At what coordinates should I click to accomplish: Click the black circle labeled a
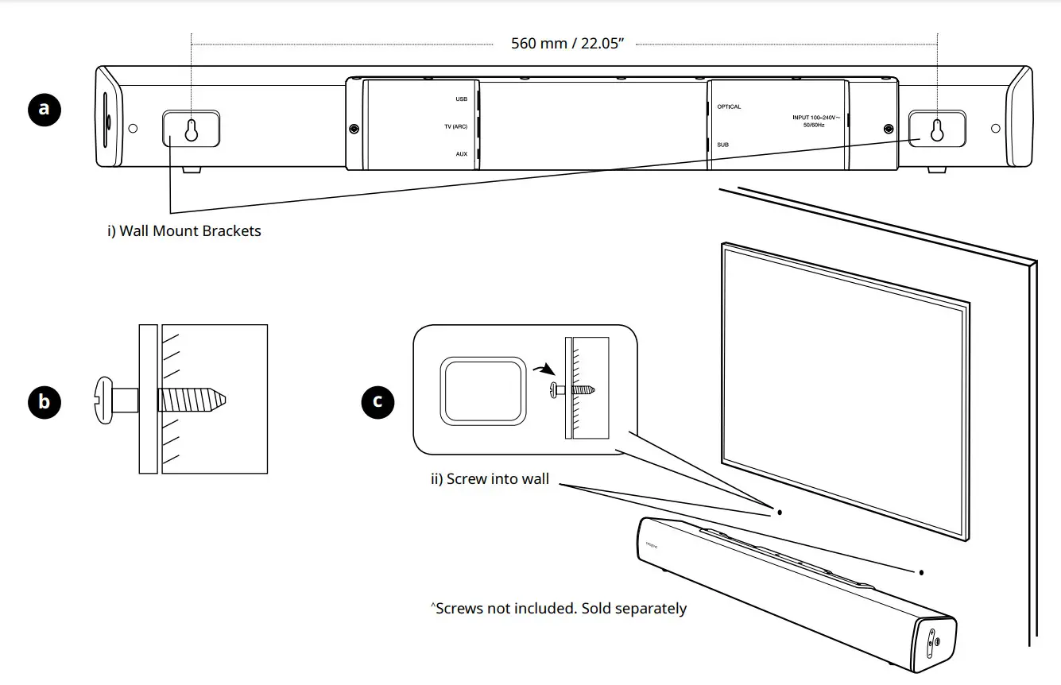click(x=45, y=108)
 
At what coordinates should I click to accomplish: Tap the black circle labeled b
click(x=45, y=401)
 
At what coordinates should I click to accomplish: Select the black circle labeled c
click(x=378, y=401)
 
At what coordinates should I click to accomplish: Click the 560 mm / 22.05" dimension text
click(x=567, y=43)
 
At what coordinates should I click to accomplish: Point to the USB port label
click(x=461, y=99)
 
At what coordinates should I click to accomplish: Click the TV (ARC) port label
click(x=455, y=126)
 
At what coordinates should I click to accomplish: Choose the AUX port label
click(x=461, y=153)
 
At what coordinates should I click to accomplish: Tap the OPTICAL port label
click(x=729, y=106)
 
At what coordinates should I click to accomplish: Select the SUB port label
click(x=722, y=145)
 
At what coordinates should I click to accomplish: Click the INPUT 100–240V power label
click(x=816, y=121)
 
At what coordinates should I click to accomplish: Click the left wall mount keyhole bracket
click(x=192, y=129)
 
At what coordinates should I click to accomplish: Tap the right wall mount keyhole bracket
click(x=937, y=129)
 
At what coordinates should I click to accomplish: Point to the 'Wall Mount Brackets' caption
click(x=184, y=231)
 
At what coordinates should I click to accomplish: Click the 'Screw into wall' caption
click(x=490, y=479)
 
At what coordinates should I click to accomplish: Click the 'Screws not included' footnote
click(x=558, y=608)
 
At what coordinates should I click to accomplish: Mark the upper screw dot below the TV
click(x=780, y=513)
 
